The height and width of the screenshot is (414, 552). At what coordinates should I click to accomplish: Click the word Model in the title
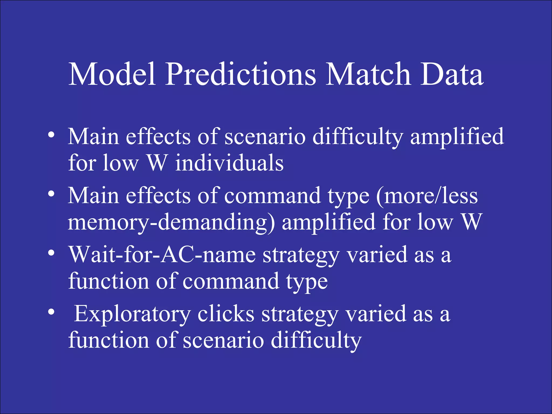point(112,74)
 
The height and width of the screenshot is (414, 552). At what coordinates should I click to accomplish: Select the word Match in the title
point(368,74)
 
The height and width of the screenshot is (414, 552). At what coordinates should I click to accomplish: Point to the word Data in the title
point(452,74)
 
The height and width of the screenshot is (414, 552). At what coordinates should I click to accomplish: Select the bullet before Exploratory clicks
point(51,312)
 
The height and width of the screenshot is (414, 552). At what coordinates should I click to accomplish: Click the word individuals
point(229,163)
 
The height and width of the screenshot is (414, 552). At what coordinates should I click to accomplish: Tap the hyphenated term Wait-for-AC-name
point(162,255)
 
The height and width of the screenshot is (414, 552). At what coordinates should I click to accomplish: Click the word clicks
point(226,314)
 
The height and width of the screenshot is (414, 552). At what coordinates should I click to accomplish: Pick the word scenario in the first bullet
point(265,137)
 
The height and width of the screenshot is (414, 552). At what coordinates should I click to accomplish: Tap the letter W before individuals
point(157,163)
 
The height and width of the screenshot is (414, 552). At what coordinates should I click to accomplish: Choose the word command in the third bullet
point(231,281)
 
